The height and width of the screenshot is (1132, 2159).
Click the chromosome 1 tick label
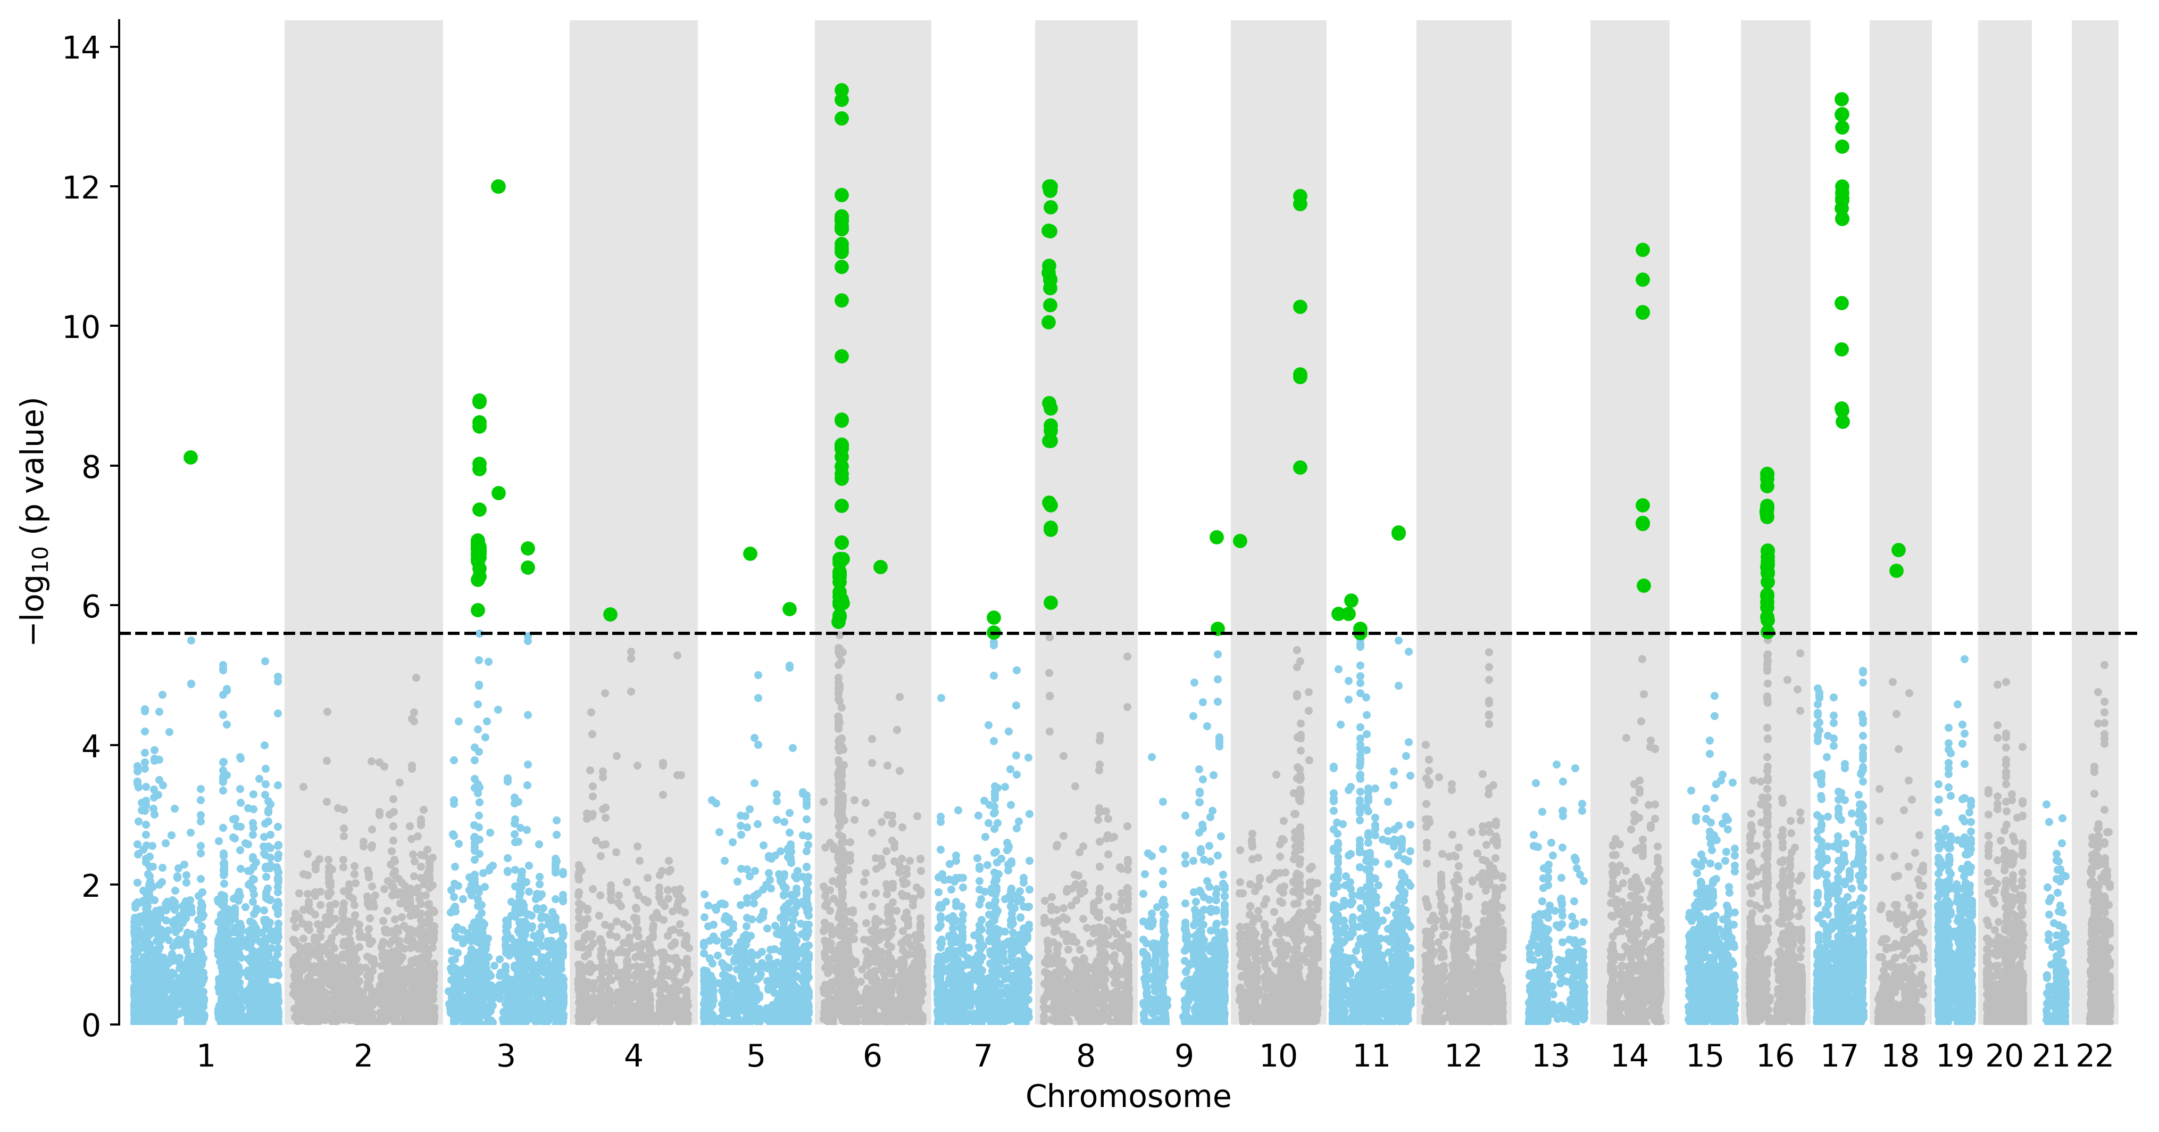click(x=205, y=1056)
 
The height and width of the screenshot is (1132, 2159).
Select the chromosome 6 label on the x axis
click(x=872, y=1056)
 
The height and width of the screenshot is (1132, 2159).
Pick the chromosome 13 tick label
click(x=1551, y=1056)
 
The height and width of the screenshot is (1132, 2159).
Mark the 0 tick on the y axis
click(x=90, y=1024)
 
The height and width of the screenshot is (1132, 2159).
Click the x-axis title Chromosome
click(x=1128, y=1097)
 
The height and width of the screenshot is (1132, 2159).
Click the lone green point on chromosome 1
click(x=190, y=457)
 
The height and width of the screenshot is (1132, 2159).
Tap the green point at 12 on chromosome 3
click(x=498, y=186)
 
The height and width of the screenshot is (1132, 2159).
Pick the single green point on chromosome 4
click(x=610, y=615)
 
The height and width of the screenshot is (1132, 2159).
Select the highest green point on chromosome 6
click(x=841, y=90)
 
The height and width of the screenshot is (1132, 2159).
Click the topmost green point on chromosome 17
click(x=1841, y=99)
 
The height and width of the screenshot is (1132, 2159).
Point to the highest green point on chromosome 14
click(x=1643, y=250)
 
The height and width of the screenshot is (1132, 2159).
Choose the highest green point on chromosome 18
click(x=1898, y=550)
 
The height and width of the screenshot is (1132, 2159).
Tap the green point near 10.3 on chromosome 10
click(x=1300, y=307)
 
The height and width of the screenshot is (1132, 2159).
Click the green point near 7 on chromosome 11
click(x=1398, y=533)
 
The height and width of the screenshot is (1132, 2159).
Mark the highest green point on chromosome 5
click(x=750, y=553)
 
